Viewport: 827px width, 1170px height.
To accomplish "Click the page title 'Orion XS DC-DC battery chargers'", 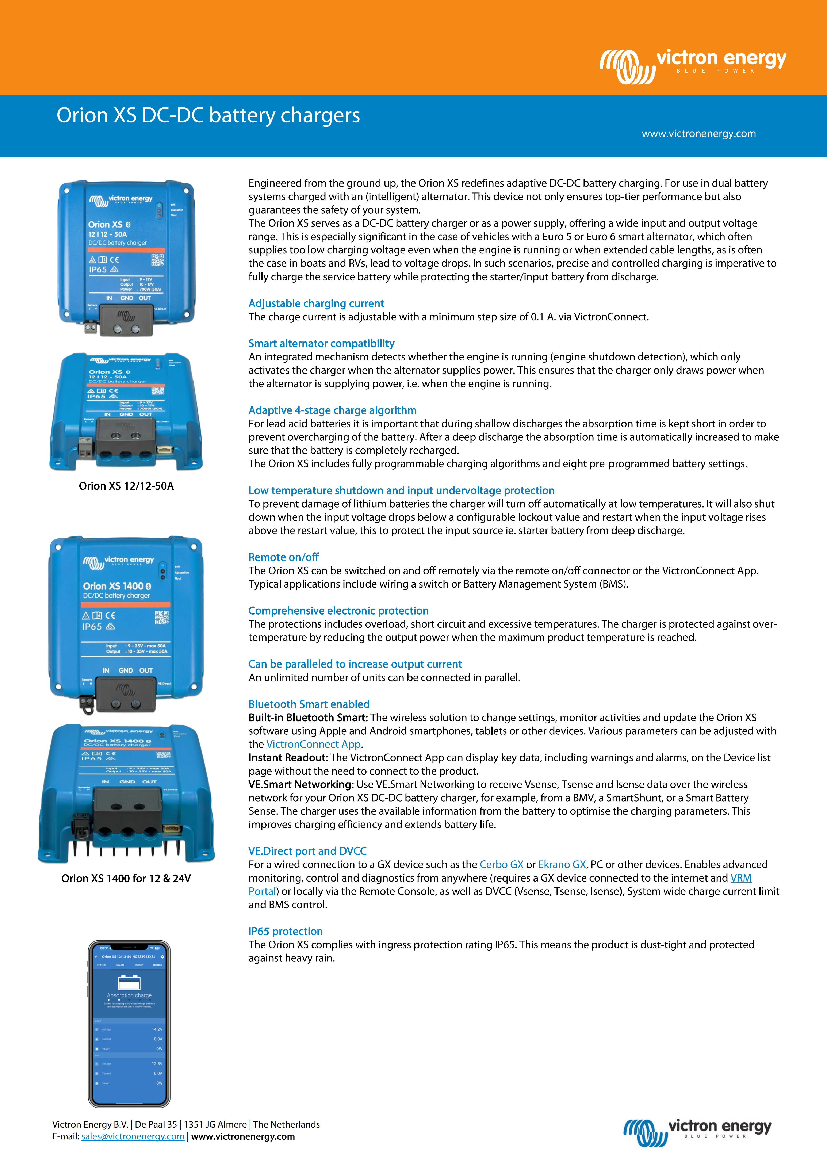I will (208, 115).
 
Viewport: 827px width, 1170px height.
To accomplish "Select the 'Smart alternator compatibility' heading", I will (321, 343).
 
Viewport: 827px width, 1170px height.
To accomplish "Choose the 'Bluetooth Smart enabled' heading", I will (309, 704).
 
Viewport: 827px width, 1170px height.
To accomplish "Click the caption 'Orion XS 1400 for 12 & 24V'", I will (126, 879).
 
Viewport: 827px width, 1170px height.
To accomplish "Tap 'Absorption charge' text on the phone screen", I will (129, 995).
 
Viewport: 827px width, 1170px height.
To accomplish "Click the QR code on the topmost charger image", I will (157, 260).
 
